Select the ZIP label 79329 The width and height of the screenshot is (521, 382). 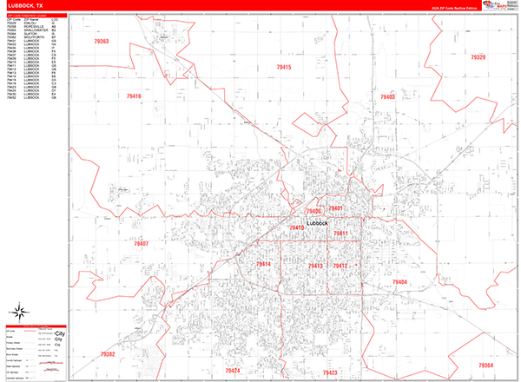point(478,57)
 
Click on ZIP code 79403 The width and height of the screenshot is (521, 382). point(387,97)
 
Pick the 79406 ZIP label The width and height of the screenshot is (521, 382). point(313,211)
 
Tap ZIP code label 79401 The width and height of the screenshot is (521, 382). point(336,208)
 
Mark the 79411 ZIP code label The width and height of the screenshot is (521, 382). point(340,234)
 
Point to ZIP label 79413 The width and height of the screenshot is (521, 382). point(315,266)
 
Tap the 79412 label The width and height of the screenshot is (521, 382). point(340,266)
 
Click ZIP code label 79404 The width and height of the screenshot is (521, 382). point(399,282)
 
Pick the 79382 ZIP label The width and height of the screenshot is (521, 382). point(107,354)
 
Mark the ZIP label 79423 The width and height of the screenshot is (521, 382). point(329,372)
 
